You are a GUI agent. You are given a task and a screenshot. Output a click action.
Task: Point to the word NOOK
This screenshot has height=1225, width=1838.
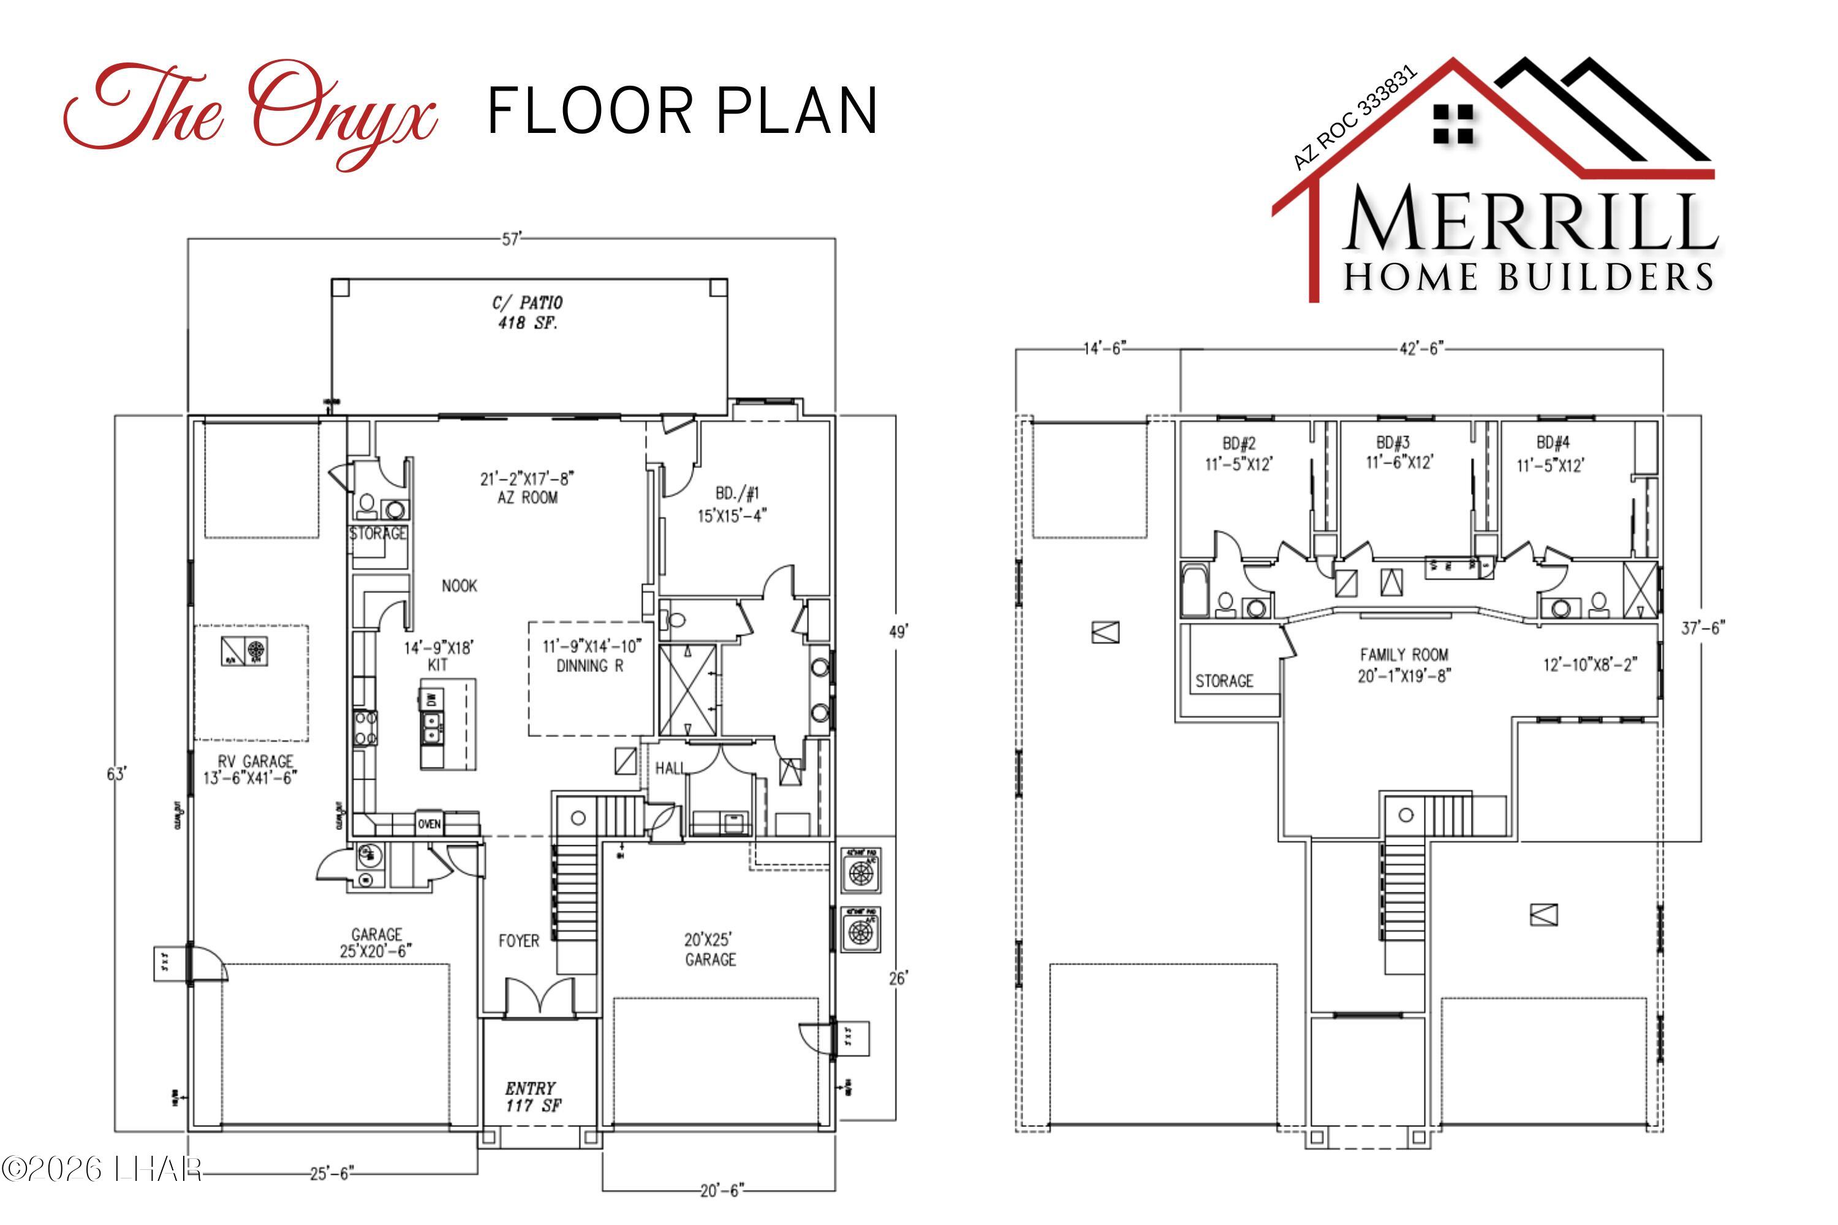pos(459,586)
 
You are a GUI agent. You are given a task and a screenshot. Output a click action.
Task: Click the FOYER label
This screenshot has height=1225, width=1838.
pos(519,941)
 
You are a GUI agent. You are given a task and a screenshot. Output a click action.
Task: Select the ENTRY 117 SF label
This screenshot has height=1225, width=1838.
pos(531,1097)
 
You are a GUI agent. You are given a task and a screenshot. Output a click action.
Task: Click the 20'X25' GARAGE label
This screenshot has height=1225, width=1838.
pos(709,949)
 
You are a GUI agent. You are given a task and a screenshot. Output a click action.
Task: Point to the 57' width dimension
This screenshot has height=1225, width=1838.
pos(511,239)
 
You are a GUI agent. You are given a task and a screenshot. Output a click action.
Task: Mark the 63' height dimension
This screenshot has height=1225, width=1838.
pos(116,774)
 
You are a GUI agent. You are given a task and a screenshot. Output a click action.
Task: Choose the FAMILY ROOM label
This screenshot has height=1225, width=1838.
pos(1404,665)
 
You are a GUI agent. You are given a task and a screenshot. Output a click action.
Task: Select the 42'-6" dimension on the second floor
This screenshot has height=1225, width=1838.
pos(1420,349)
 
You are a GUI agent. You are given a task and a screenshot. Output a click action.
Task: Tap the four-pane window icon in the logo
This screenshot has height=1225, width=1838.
pos(1453,125)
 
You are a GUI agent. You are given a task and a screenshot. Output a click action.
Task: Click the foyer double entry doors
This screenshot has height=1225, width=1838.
pos(540,998)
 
